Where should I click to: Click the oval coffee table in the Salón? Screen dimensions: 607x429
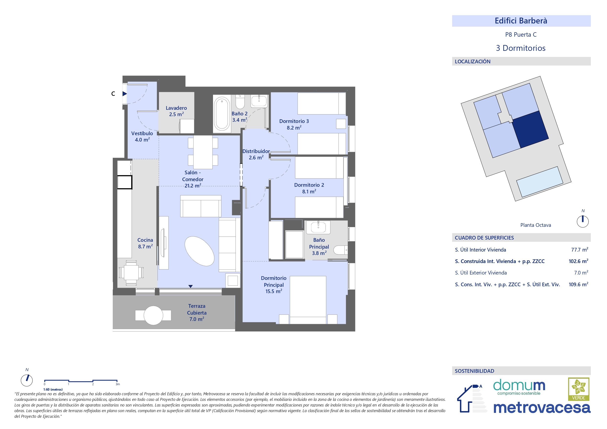199,251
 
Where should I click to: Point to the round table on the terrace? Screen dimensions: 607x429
153,315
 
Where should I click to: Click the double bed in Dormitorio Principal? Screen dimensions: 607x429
308,300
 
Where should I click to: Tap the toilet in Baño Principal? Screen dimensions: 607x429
340,250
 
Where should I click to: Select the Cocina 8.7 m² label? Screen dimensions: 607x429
145,243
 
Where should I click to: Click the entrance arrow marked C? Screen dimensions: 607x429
125,94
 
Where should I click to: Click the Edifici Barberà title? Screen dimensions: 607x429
521,21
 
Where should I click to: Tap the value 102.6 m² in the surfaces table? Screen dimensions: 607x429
578,261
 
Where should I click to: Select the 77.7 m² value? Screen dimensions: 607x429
580,250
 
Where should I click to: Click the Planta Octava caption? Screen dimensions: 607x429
536,225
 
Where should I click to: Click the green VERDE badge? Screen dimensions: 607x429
579,389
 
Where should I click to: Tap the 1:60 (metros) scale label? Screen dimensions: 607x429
53,389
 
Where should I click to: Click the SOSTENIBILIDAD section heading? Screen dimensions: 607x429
474,371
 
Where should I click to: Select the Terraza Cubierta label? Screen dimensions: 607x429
197,312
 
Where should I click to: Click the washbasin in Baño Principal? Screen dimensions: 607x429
318,227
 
